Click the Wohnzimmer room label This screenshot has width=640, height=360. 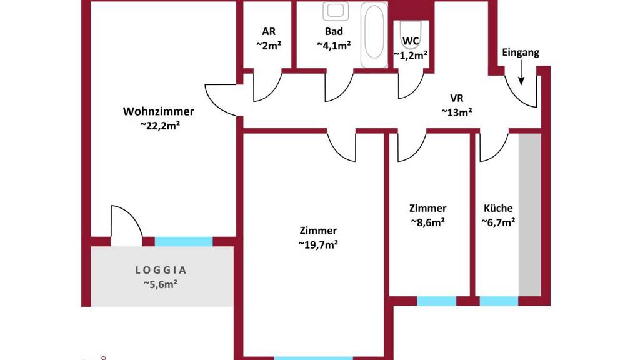click(158, 111)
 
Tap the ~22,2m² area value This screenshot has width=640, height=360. click(160, 125)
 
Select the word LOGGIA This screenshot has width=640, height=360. click(161, 270)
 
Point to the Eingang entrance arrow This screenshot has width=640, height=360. click(521, 72)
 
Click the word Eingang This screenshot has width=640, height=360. click(521, 52)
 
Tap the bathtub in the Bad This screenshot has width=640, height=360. click(374, 35)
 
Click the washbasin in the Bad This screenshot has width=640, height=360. click(336, 11)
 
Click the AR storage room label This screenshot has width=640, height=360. click(269, 31)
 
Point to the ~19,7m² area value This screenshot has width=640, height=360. click(318, 245)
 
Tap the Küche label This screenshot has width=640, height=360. click(498, 208)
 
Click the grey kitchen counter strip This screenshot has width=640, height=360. click(530, 214)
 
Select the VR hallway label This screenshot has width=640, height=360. click(457, 98)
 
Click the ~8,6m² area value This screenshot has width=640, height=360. click(427, 222)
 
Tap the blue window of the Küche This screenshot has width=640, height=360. click(499, 301)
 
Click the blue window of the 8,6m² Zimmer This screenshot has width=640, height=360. click(436, 301)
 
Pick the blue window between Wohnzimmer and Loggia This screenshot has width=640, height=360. click(184, 242)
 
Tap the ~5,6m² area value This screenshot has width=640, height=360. click(161, 284)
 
